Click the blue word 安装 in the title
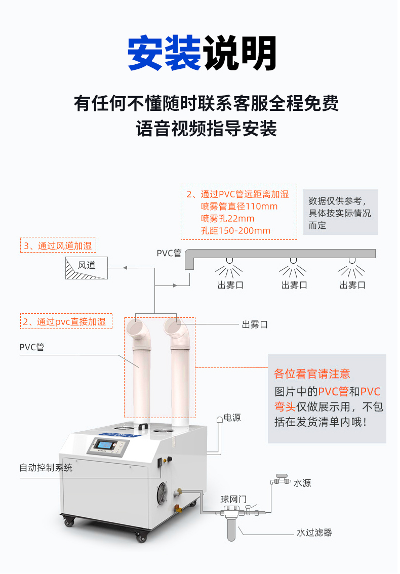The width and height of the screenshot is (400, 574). pos(164,53)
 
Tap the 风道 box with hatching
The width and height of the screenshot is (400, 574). pos(87,268)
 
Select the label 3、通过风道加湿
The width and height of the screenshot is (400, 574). pos(58,245)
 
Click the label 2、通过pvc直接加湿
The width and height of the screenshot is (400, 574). pos(66,321)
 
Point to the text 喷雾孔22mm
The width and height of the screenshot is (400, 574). pos(227,219)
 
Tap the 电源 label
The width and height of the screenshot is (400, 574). pos(232,418)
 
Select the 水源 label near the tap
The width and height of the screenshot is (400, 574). pos(302,483)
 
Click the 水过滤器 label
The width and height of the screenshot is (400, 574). pos(314,532)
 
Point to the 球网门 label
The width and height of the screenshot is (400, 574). pos(233,499)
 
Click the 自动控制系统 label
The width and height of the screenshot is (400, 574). pos(46,468)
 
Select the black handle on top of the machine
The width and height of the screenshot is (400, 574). pos(143,427)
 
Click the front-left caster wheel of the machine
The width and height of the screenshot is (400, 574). pos(69,521)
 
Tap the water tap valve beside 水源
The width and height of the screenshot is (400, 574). pos(282,479)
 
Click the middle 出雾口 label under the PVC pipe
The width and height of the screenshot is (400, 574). pos(294,285)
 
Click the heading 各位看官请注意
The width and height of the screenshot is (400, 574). pos(312,374)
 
